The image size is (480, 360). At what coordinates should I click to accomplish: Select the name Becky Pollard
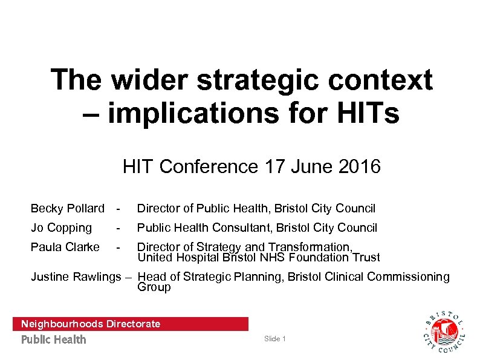(x=67, y=209)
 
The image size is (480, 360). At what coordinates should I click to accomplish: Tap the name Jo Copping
(x=61, y=228)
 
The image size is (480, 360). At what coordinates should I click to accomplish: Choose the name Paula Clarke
(x=65, y=247)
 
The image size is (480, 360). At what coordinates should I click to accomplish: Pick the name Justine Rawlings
(x=76, y=277)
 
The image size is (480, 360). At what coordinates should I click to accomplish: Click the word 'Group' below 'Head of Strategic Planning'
(x=154, y=287)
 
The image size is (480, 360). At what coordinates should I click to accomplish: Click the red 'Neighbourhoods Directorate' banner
(x=130, y=324)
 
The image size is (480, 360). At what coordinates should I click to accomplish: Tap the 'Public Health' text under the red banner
(x=54, y=339)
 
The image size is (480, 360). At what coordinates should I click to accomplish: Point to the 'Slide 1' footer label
(x=274, y=339)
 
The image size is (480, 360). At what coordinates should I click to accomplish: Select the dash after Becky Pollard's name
(x=120, y=209)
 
